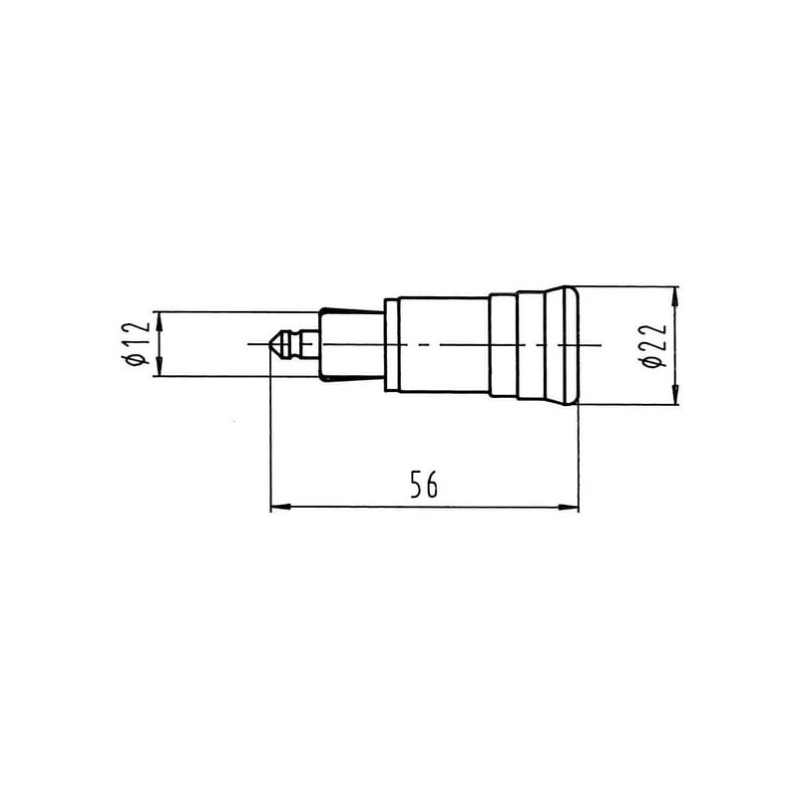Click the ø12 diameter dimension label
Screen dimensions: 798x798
pyautogui.click(x=136, y=343)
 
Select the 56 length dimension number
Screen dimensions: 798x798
pyautogui.click(x=423, y=484)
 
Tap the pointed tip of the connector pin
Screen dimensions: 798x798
pyautogui.click(x=268, y=344)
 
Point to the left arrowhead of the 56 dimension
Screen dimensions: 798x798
pyautogui.click(x=280, y=507)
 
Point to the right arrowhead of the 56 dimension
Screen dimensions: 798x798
pyautogui.click(x=568, y=507)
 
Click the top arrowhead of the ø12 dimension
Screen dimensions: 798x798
pyautogui.click(x=160, y=321)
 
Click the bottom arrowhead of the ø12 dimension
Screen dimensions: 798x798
pyautogui.click(x=160, y=366)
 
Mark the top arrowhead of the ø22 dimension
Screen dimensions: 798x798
pyautogui.click(x=675, y=296)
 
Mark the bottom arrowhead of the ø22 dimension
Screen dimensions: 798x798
pyautogui.click(x=675, y=394)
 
